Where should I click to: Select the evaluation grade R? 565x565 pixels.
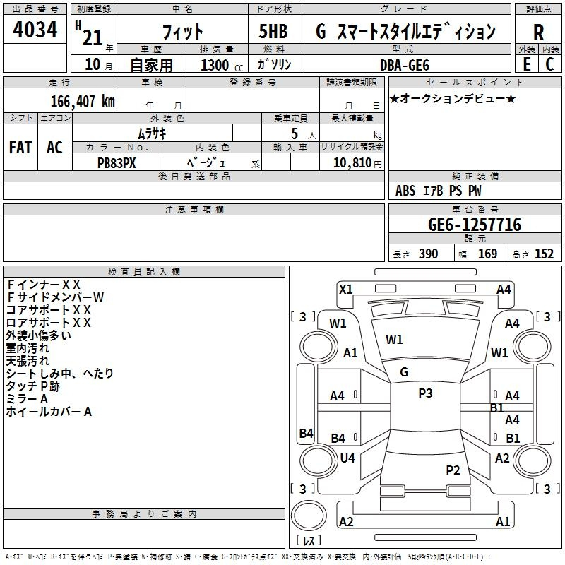pyautogui.click(x=538, y=32)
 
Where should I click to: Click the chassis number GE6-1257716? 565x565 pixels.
pyautogui.click(x=475, y=225)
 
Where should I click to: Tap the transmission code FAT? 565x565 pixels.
pyautogui.click(x=20, y=148)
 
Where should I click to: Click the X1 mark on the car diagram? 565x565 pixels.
pyautogui.click(x=346, y=289)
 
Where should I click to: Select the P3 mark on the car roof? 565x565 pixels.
pyautogui.click(x=425, y=393)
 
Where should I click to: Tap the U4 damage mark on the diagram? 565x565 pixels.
pyautogui.click(x=347, y=458)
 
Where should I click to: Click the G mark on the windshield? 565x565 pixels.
pyautogui.click(x=404, y=371)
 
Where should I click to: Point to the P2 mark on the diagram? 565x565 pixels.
pyautogui.click(x=453, y=470)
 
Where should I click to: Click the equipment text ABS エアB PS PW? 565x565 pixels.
pyautogui.click(x=439, y=190)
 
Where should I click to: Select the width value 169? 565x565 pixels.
pyautogui.click(x=488, y=254)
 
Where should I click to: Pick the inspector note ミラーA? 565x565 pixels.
pyautogui.click(x=28, y=399)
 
